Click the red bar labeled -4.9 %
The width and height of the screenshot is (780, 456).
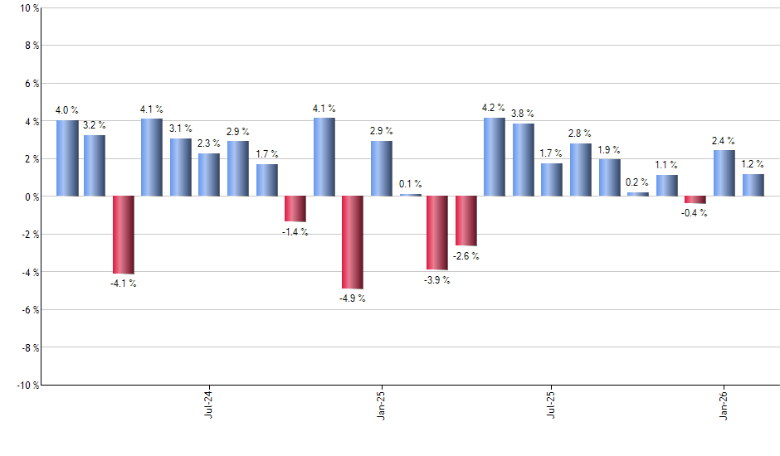point(353,242)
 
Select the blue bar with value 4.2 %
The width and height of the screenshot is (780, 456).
point(495,157)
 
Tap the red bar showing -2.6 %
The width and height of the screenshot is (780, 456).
point(466,221)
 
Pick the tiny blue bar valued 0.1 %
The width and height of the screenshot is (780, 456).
point(410,195)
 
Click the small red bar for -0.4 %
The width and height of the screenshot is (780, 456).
point(695,200)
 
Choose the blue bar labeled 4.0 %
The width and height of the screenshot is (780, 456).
point(67,158)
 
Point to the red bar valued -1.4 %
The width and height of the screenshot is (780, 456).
point(295,209)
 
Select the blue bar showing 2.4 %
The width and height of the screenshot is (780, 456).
point(724,173)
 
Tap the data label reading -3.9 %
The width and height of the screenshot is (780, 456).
point(436,280)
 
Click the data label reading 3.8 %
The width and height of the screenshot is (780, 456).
point(523,114)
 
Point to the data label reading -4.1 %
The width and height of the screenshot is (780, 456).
point(124,284)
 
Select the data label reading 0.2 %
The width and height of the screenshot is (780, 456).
point(637,182)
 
